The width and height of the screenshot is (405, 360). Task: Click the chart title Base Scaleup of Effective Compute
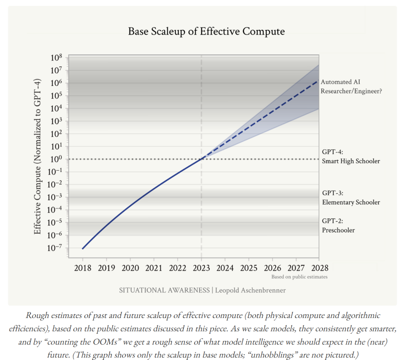tap(206, 31)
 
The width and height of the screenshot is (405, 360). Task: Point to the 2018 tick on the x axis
tap(82, 268)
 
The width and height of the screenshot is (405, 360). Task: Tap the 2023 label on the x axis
tap(201, 268)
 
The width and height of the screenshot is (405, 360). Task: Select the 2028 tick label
tap(319, 268)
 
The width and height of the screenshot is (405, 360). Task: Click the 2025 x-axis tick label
tap(249, 268)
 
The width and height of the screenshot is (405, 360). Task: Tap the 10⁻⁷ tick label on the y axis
tap(55, 248)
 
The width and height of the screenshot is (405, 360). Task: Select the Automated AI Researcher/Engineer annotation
tap(351, 86)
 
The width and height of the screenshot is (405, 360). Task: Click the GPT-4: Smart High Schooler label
tap(351, 157)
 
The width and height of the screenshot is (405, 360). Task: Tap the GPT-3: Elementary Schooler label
tap(351, 198)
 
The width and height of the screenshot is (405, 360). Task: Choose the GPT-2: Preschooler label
tap(338, 225)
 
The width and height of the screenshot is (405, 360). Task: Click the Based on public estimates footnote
tap(299, 277)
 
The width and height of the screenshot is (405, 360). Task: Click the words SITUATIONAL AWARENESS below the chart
tap(164, 291)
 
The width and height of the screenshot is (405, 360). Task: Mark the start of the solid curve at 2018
tap(82, 248)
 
